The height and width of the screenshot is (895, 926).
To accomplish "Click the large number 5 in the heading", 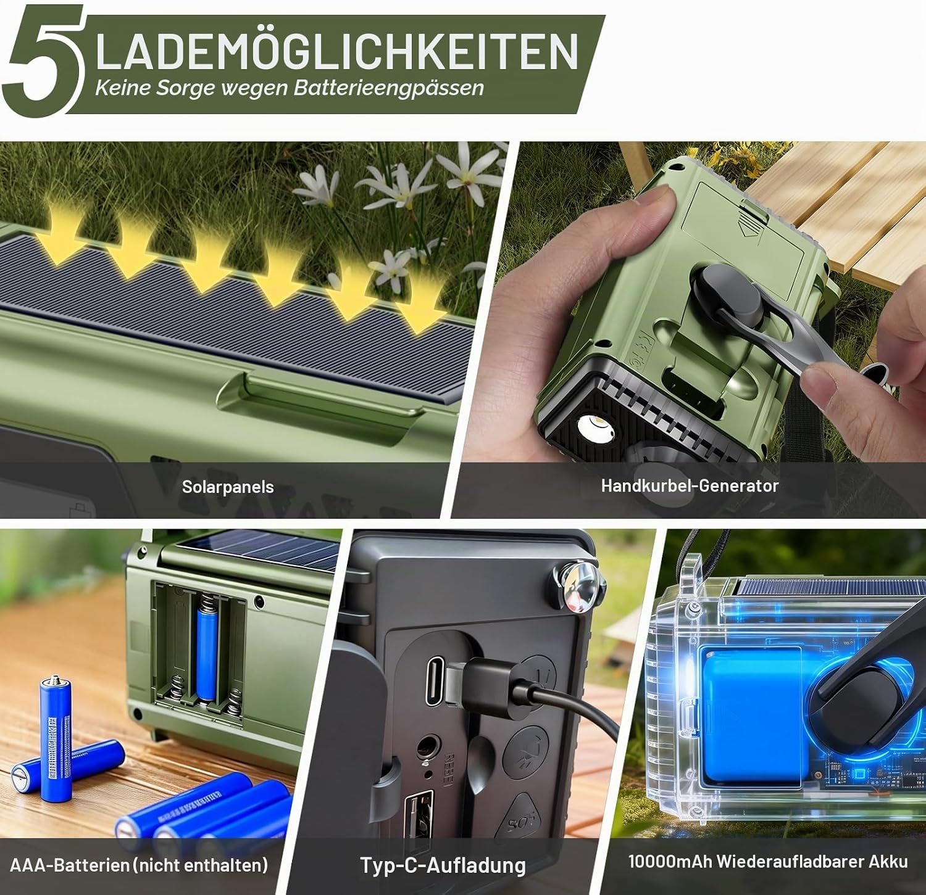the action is [43, 62].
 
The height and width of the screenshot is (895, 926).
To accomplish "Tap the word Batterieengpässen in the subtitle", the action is [389, 88].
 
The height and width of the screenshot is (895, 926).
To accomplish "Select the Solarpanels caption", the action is [228, 487].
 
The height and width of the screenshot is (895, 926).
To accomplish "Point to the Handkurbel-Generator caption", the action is [690, 485].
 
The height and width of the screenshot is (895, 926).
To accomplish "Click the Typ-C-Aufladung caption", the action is [443, 865].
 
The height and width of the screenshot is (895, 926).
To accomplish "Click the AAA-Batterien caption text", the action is [139, 865].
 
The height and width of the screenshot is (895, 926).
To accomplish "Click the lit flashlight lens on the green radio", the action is [595, 429].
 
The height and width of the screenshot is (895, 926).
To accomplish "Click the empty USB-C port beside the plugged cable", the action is [435, 681].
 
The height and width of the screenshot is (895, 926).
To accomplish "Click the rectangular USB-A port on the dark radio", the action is [419, 820].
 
